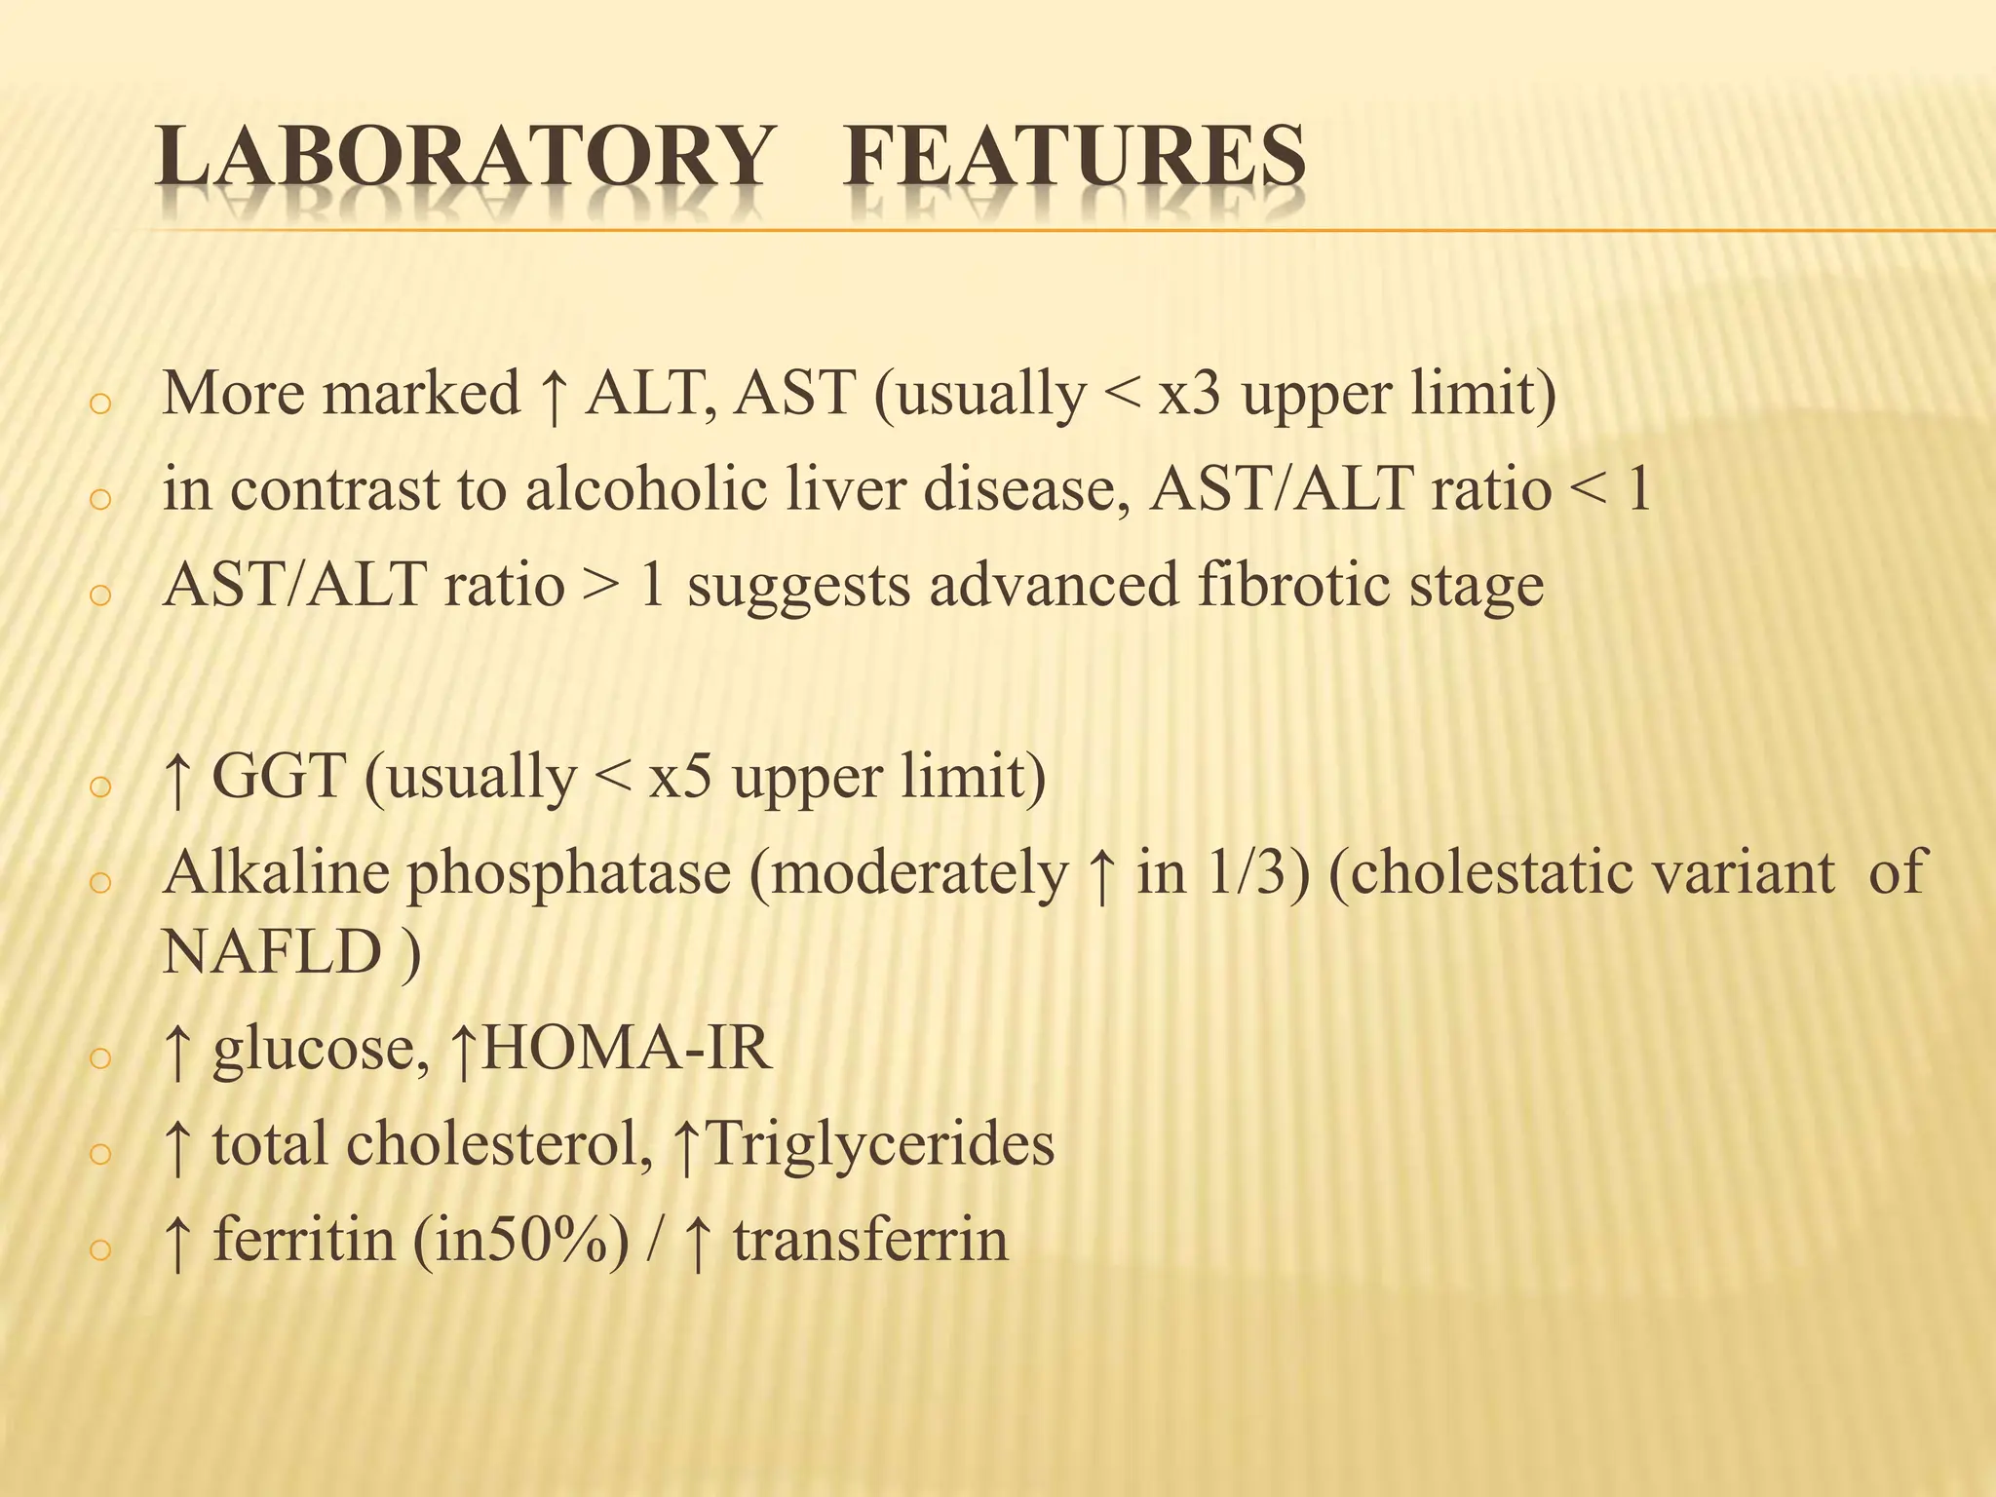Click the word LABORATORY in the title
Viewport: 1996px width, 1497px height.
pos(463,156)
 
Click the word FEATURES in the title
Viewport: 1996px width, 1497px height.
pos(1075,156)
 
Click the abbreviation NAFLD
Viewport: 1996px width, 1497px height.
pos(271,951)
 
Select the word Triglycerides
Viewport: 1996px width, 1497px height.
pos(878,1144)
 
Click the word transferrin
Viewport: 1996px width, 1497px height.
pos(870,1241)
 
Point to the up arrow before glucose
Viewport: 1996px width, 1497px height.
pos(176,1051)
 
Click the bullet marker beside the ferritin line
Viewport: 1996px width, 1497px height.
pos(100,1249)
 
